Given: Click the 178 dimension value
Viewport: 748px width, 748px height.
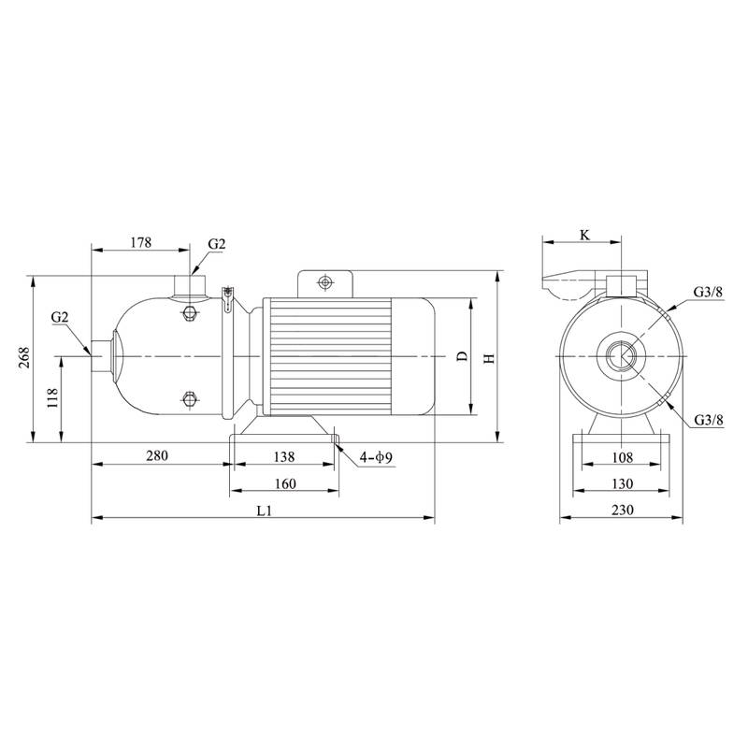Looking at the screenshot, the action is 141,242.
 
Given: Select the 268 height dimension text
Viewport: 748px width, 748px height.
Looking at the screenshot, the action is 24,357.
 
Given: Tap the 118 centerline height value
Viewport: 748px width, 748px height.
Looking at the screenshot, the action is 52,398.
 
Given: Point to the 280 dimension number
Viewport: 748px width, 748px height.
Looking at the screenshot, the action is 157,456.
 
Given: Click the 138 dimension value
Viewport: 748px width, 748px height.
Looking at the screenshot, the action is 284,457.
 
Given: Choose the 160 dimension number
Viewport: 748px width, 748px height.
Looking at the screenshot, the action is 285,483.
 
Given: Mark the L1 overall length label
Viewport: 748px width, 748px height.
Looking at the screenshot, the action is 264,511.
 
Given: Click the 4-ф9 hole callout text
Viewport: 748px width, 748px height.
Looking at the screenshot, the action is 376,457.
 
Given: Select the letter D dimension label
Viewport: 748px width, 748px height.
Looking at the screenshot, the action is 462,356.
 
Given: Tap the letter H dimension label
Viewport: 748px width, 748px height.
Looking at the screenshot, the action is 489,358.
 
